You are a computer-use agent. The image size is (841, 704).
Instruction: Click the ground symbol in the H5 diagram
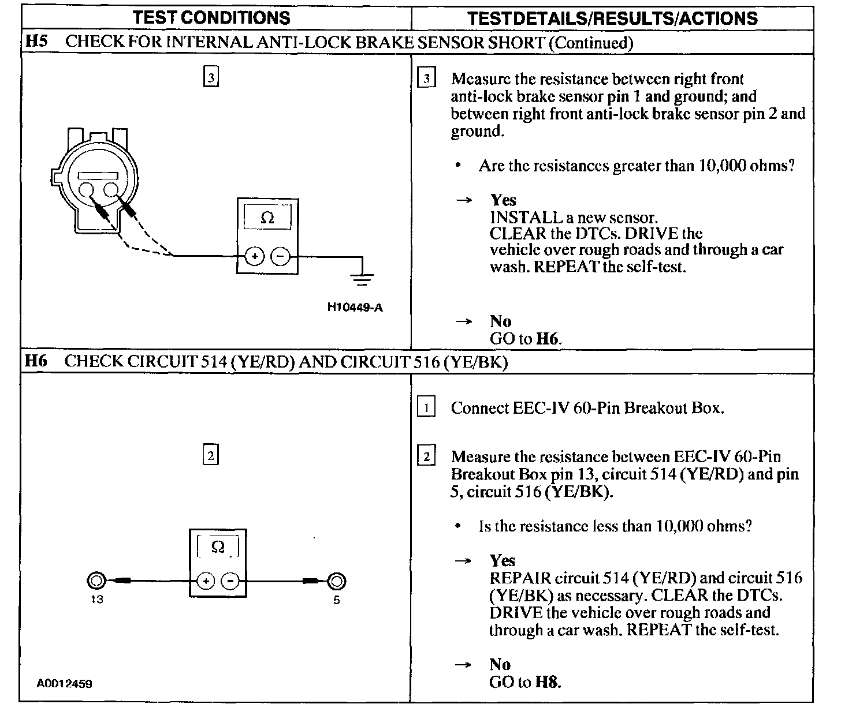tap(362, 280)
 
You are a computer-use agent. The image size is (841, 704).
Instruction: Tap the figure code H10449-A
tap(355, 307)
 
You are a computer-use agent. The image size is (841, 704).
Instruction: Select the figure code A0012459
tap(64, 684)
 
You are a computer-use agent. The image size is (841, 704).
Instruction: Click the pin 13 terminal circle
tap(96, 581)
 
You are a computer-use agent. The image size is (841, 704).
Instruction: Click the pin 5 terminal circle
tap(337, 581)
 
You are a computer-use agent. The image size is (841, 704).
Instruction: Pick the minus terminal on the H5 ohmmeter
tap(280, 256)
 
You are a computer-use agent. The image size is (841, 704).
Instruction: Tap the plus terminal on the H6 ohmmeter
tap(206, 581)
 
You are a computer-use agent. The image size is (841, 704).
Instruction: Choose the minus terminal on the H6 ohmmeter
tap(231, 581)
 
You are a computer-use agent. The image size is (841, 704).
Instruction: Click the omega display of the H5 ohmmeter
tap(267, 218)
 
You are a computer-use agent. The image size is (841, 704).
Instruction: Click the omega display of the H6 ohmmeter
tap(218, 546)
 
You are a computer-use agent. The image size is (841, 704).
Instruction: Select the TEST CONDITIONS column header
tap(211, 18)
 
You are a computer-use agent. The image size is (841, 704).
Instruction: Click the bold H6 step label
tap(35, 361)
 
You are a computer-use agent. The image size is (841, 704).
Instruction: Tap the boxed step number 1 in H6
tap(426, 408)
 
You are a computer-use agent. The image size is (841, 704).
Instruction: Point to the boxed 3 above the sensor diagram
tap(211, 77)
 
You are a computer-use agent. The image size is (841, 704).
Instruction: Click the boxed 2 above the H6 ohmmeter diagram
tap(211, 456)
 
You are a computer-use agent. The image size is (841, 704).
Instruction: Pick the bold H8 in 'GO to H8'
tap(548, 682)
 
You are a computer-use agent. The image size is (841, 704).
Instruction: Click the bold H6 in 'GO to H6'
tap(548, 338)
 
